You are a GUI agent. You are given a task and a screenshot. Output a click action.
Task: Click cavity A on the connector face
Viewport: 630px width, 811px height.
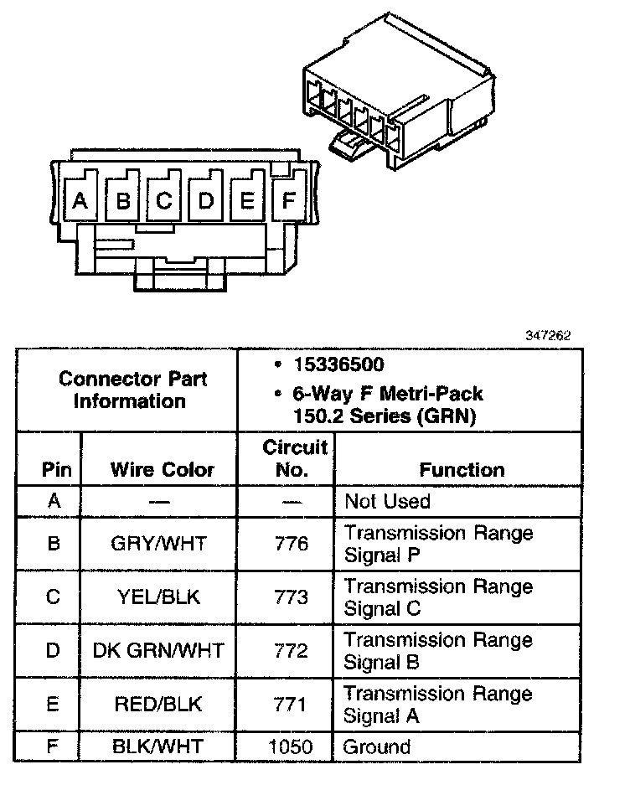coord(80,200)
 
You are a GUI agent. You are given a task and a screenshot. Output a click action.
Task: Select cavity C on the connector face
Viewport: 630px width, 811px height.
coord(164,200)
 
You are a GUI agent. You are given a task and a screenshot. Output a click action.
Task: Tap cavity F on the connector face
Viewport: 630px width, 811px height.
coord(288,200)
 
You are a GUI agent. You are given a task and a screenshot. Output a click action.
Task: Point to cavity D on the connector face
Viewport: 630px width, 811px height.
coord(206,200)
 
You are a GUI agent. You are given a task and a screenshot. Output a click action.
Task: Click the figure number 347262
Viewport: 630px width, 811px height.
coord(548,335)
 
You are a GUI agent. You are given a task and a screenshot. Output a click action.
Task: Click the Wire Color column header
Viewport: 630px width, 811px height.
coord(162,470)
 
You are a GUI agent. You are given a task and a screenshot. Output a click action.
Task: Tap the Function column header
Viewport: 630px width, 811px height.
coord(462,470)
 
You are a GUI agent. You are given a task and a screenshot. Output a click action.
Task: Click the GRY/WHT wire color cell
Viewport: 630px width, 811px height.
coord(158,544)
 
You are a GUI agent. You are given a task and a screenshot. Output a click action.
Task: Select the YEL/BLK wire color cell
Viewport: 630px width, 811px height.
coord(158,597)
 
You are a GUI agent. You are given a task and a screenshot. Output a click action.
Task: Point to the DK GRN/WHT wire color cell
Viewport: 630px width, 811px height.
coord(158,651)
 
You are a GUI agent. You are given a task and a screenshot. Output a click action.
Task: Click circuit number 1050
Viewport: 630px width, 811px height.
coord(291,746)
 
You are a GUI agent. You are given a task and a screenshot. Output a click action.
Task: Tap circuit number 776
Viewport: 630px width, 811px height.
coord(291,544)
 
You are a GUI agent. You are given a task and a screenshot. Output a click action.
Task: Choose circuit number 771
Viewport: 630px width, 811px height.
coord(291,705)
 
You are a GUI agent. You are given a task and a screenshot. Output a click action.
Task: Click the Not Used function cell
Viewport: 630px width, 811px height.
coord(387,501)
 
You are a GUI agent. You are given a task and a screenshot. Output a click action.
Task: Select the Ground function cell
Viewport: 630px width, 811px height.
coord(378,746)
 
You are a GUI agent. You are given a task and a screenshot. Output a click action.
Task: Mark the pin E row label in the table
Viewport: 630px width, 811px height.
coord(54,705)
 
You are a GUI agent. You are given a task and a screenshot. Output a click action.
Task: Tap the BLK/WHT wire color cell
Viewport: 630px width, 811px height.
coord(158,746)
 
